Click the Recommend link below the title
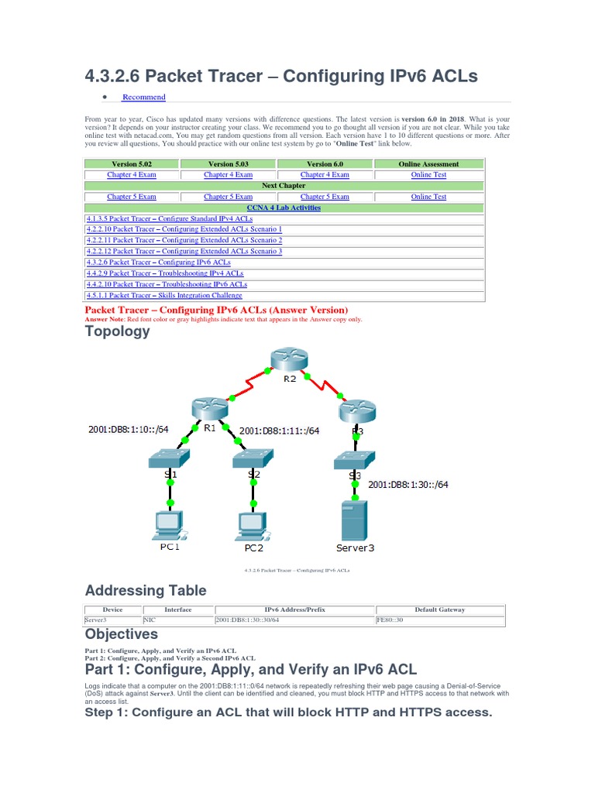click(x=143, y=97)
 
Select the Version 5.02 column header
click(x=131, y=164)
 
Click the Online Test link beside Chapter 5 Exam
click(x=428, y=197)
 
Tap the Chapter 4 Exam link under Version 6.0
click(x=325, y=175)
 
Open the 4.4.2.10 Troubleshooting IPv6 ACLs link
click(x=167, y=284)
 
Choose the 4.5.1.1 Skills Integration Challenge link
click(x=163, y=295)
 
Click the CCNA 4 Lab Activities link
click(x=284, y=208)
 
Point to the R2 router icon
click(x=289, y=360)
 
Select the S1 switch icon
click(x=170, y=460)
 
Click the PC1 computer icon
click(x=170, y=526)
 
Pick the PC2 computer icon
click(x=253, y=526)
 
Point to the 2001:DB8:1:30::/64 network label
click(x=408, y=485)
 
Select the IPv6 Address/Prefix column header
click(x=294, y=609)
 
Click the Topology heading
click(x=117, y=331)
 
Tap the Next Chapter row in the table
click(x=284, y=186)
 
